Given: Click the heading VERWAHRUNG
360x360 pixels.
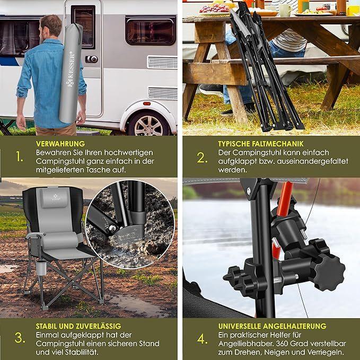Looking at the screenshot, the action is pyautogui.click(x=60, y=144).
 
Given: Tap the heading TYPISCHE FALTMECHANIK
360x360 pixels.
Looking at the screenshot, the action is pyautogui.click(x=260, y=144).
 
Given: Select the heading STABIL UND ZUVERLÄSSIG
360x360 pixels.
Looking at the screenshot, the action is pyautogui.click(x=78, y=326).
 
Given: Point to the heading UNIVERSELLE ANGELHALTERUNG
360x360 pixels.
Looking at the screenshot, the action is pyautogui.click(x=272, y=326).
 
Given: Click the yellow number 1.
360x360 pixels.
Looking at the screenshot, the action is pyautogui.click(x=20, y=157).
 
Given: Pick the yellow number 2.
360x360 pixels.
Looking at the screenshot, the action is pyautogui.click(x=202, y=157).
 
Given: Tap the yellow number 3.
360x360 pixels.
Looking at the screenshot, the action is pyautogui.click(x=20, y=338).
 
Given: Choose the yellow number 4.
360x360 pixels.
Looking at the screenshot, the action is pyautogui.click(x=203, y=339).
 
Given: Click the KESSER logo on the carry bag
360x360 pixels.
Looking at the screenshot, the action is pyautogui.click(x=71, y=69).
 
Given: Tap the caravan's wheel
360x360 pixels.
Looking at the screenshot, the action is pyautogui.click(x=148, y=124).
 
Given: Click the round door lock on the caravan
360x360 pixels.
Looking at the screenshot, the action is pyautogui.click(x=92, y=59).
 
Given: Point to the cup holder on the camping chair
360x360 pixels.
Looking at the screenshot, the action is pyautogui.click(x=41, y=268).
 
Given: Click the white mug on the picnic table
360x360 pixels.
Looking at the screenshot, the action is pyautogui.click(x=285, y=10).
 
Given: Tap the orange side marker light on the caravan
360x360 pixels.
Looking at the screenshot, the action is pyautogui.click(x=147, y=103).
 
